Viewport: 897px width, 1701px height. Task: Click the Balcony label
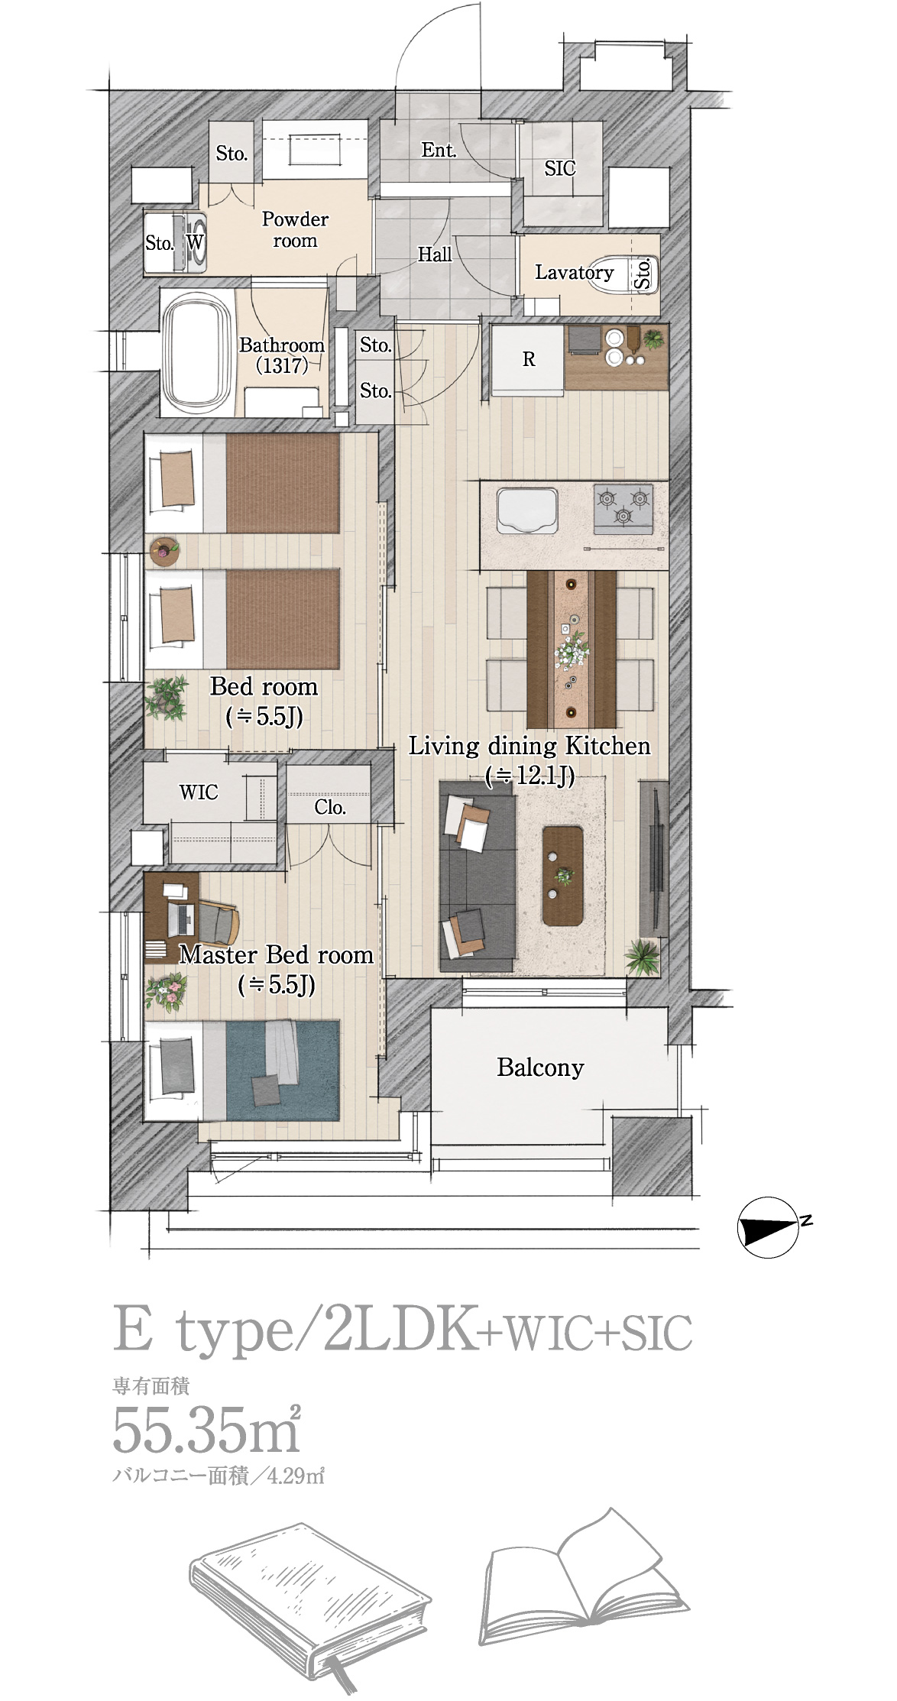[540, 1067]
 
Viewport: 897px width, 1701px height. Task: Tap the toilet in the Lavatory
[633, 272]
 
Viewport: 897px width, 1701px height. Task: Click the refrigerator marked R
[527, 360]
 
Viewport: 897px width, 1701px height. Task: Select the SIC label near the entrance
[560, 168]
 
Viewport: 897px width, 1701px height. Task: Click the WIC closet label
[199, 792]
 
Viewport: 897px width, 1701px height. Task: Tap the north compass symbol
[770, 1226]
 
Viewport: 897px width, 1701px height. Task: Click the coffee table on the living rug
[562, 875]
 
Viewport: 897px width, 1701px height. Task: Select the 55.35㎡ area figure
[206, 1429]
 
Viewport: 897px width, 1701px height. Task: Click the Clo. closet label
[330, 807]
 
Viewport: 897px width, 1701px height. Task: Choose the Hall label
[435, 254]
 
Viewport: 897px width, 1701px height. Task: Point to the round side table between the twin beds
[164, 551]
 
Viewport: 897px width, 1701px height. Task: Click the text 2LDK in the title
[398, 1330]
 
